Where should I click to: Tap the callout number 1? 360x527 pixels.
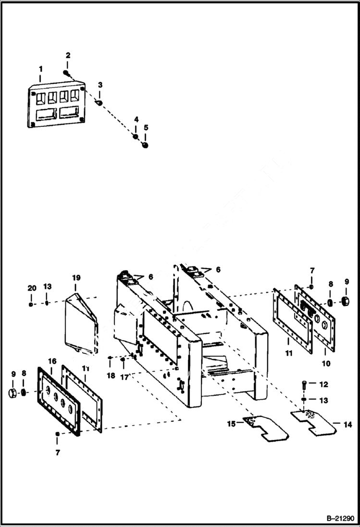pyautogui.click(x=41, y=70)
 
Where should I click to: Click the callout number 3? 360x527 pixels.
pyautogui.click(x=100, y=85)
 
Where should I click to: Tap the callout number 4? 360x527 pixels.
pyautogui.click(x=136, y=119)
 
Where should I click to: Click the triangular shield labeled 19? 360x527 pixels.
pyautogui.click(x=81, y=319)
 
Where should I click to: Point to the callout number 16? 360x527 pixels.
pyautogui.click(x=52, y=360)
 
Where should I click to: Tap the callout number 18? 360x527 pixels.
pyautogui.click(x=111, y=376)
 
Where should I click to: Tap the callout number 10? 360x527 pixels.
pyautogui.click(x=326, y=364)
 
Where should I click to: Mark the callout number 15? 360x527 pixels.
pyautogui.click(x=231, y=424)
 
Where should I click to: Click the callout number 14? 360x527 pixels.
pyautogui.click(x=348, y=424)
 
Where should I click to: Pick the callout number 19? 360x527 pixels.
pyautogui.click(x=76, y=278)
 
